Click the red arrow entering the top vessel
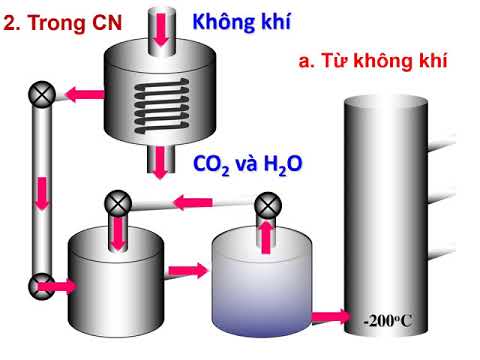click(161, 27)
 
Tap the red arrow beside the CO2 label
click(161, 161)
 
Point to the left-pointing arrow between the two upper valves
click(189, 204)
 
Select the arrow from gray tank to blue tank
click(187, 269)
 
